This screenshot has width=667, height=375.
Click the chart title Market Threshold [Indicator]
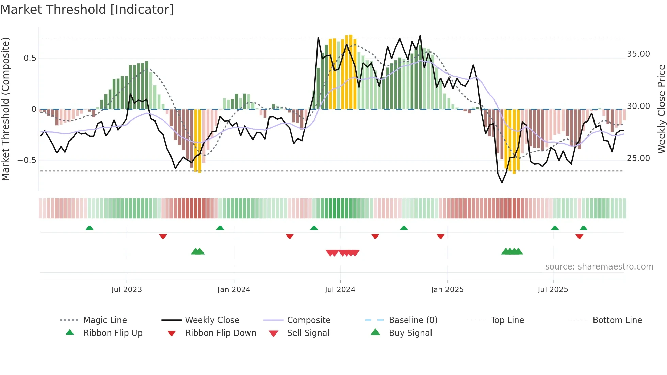click(87, 10)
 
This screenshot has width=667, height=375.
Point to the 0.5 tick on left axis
click(30, 58)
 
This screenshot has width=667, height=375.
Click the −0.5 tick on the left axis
click(27, 160)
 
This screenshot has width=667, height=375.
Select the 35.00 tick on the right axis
click(638, 54)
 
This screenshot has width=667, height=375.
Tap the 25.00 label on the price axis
click(638, 158)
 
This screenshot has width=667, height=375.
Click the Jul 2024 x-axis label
click(340, 290)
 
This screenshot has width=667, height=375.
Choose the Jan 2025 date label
click(447, 290)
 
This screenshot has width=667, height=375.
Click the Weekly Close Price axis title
click(661, 109)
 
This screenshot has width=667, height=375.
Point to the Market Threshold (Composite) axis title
click(5, 109)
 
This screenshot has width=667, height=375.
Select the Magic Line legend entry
click(105, 320)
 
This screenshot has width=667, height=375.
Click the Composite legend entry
click(308, 320)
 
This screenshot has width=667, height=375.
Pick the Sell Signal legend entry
click(308, 333)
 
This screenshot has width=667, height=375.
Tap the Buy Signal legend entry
click(410, 333)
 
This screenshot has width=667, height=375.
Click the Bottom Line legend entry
click(617, 320)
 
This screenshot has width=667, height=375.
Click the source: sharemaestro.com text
click(599, 267)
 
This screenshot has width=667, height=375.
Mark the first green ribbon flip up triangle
click(90, 228)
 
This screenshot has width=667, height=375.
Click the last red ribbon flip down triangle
click(580, 236)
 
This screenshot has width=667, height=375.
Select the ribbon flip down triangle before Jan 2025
click(441, 236)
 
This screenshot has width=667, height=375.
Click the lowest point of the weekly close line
click(502, 182)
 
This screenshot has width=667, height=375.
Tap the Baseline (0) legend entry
click(413, 320)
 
